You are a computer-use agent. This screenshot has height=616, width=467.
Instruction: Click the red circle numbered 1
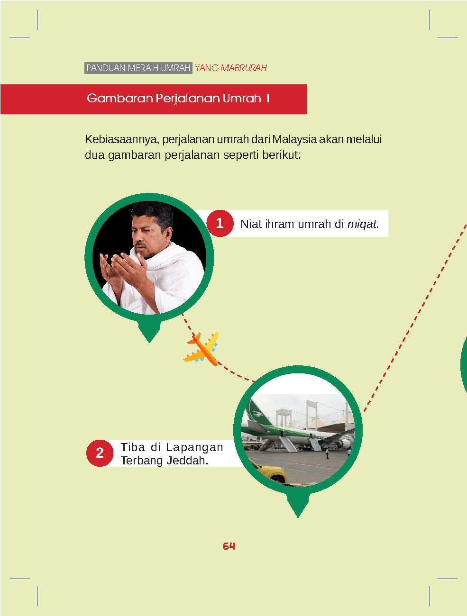coord(220,223)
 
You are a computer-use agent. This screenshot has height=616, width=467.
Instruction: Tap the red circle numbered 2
coord(100,453)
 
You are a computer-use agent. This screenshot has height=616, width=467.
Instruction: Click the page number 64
coord(229,546)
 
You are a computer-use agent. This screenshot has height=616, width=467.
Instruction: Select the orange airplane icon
coord(201,348)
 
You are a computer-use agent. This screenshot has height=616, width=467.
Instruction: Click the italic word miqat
coord(363,224)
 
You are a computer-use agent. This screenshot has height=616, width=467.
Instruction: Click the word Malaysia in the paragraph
coord(294,139)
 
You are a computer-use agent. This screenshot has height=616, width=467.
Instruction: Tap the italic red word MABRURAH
coord(244,68)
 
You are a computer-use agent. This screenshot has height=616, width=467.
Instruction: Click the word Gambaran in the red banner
coord(119,98)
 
